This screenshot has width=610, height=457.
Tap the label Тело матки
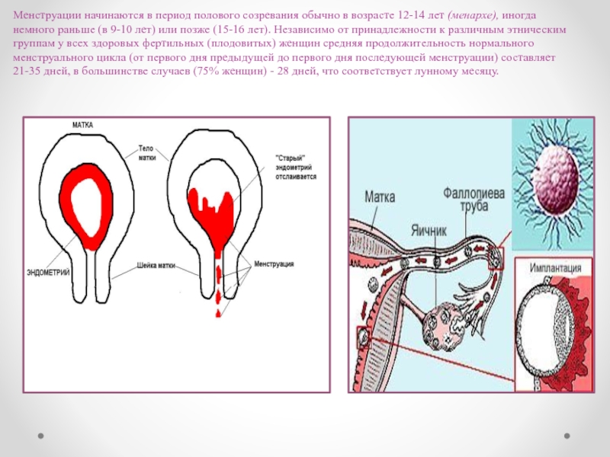147,153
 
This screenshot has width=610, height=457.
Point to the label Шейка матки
156,267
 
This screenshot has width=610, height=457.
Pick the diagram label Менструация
274,264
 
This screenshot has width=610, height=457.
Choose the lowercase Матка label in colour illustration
380,197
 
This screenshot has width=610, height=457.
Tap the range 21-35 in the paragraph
29,72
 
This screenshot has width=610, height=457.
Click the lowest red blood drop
217,312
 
